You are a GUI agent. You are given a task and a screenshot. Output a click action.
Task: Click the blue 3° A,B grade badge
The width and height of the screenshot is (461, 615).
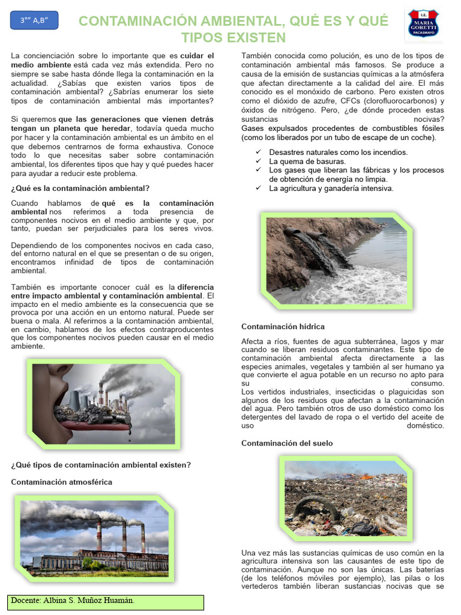point(34,20)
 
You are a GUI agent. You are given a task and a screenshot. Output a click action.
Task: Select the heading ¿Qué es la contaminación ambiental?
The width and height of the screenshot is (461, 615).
point(80,188)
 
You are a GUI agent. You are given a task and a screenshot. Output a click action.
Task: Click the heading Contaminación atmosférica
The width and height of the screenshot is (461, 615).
point(61,482)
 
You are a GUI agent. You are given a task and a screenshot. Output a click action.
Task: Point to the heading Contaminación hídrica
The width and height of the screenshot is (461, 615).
point(283,327)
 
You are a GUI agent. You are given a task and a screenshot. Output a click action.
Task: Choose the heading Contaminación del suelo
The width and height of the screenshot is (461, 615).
point(287,443)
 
